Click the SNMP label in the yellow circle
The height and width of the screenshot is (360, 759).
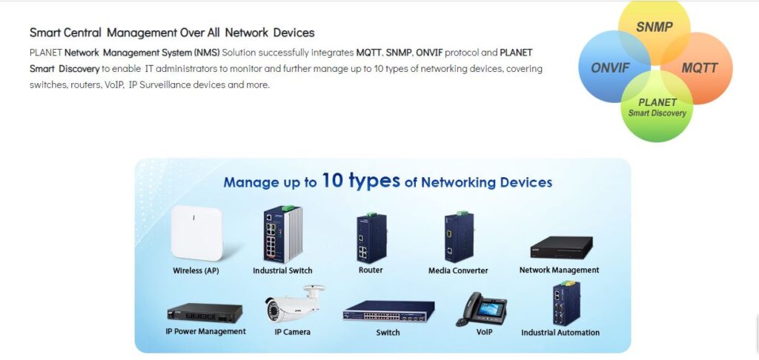(654, 28)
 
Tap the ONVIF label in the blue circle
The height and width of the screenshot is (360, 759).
(610, 68)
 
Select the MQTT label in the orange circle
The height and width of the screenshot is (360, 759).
(699, 68)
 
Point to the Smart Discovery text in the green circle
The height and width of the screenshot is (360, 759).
(657, 113)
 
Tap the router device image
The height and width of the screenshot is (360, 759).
(371, 239)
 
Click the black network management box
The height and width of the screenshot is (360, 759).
(560, 248)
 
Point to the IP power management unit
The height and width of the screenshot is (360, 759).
(205, 313)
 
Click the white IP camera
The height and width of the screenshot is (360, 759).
(294, 304)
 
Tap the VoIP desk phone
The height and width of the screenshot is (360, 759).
(483, 309)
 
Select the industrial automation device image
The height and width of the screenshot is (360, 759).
(560, 303)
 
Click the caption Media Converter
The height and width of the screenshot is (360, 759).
(458, 271)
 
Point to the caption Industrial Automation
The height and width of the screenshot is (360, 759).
(560, 333)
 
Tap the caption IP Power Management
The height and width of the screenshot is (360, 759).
(205, 332)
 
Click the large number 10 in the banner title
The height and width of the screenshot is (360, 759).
(332, 180)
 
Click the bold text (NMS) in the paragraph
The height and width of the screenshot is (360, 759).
(207, 53)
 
